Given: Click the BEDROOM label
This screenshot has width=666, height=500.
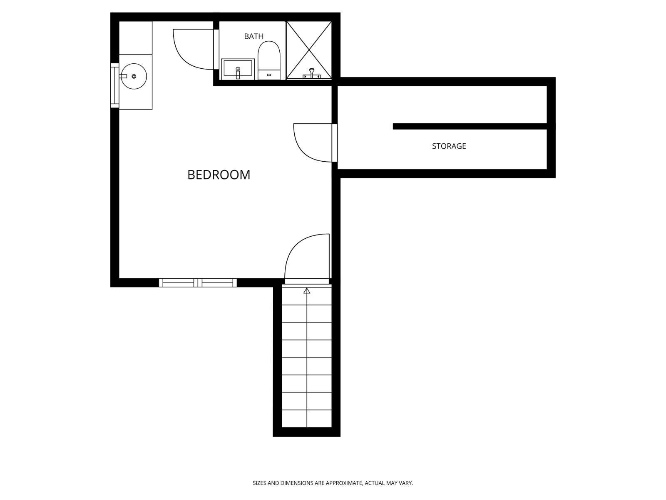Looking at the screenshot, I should [x=219, y=175].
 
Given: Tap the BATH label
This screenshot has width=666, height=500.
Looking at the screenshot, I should [x=253, y=37].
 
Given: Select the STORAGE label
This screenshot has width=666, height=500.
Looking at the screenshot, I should [x=449, y=146].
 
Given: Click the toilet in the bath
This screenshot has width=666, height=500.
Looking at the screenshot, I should [x=268, y=56].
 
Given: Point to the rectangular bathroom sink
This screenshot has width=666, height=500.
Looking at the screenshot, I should [x=238, y=69].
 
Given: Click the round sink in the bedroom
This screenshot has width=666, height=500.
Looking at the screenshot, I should [x=134, y=76].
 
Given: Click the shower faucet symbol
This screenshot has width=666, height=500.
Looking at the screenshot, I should [x=312, y=74].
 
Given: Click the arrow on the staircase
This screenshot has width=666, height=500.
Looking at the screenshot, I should [x=307, y=291].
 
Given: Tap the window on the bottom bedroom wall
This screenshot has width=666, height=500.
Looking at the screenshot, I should [x=198, y=283].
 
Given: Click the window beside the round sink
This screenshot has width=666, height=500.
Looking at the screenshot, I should [x=114, y=85].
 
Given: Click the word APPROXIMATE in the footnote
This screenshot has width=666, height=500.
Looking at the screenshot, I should [x=344, y=483].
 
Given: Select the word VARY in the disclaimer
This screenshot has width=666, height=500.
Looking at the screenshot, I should [x=405, y=483].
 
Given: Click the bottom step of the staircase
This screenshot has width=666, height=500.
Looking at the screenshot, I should [x=307, y=419].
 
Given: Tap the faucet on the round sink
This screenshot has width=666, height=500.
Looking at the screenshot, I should [x=123, y=76].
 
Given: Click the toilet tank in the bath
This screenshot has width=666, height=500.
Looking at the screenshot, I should [x=268, y=75].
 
